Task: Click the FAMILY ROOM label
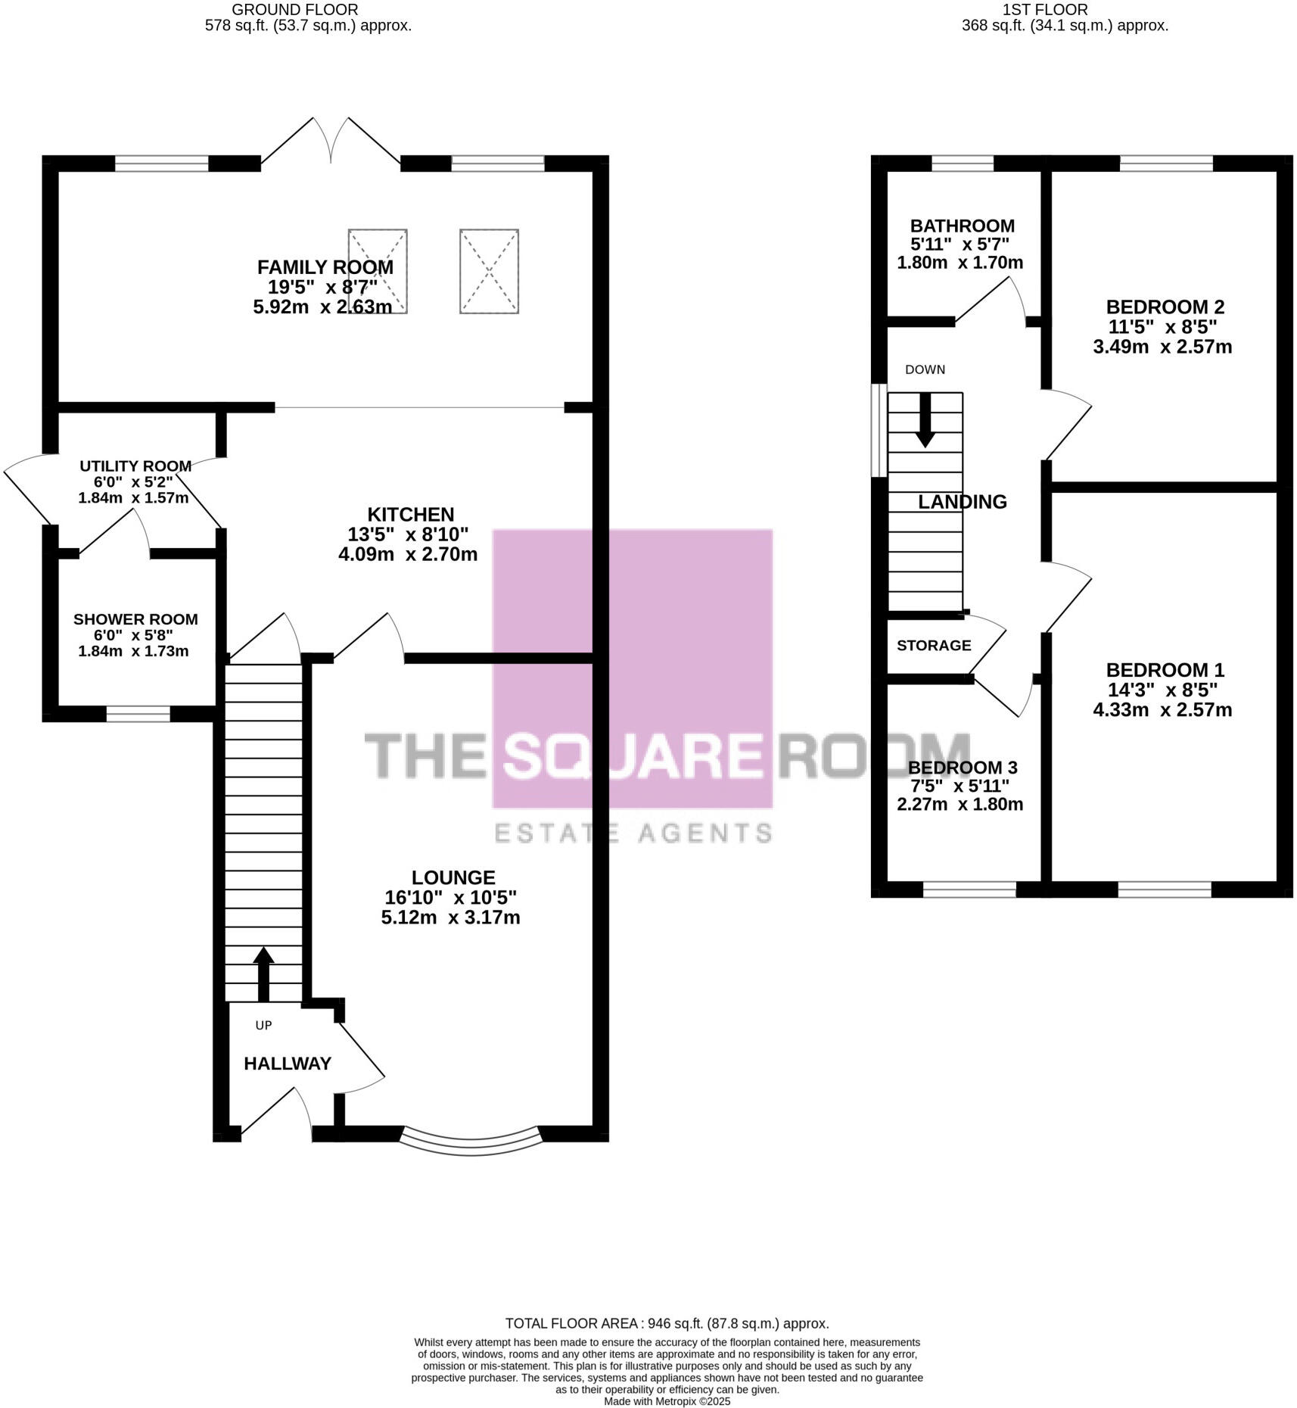tap(325, 267)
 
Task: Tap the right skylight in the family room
tap(489, 271)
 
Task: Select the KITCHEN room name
tap(410, 514)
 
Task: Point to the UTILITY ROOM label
tap(135, 466)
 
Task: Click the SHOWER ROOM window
tap(138, 713)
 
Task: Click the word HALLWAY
tap(288, 1064)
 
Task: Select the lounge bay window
tap(471, 1142)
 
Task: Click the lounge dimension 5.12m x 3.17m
tap(450, 917)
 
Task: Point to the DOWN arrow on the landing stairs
tap(924, 421)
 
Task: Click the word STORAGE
tap(934, 645)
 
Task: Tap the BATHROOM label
tap(962, 226)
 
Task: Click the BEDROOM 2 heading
tap(1165, 307)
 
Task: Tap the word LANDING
tap(962, 502)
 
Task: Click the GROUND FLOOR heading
tap(295, 10)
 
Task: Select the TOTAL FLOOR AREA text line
tap(667, 1323)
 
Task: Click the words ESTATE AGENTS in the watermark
tap(633, 833)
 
